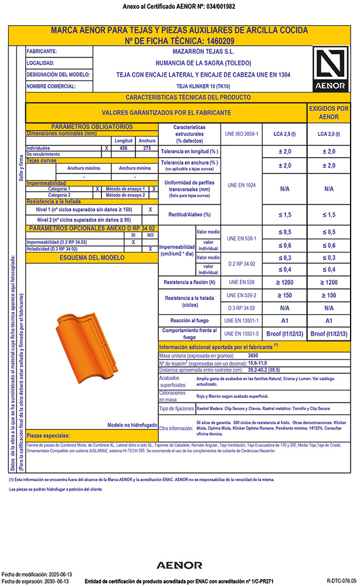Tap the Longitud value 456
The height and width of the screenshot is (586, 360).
click(x=124, y=148)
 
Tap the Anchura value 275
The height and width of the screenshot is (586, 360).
click(x=144, y=148)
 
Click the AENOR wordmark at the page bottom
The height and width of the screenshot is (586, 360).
click(x=179, y=565)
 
